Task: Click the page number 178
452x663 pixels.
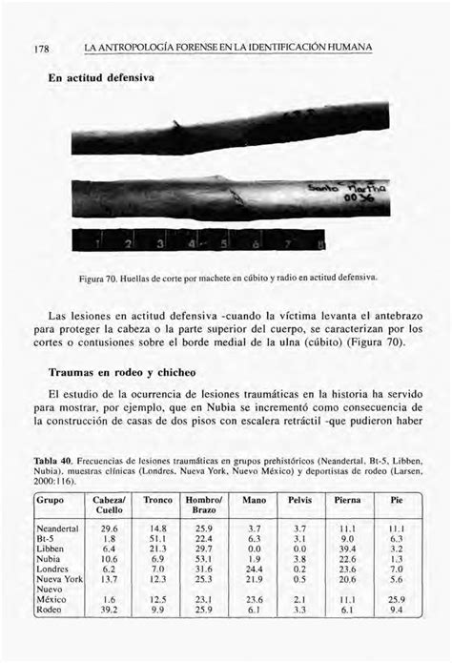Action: pos(44,49)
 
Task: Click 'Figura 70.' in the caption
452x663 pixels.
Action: pos(125,279)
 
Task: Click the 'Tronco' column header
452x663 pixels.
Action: pos(157,499)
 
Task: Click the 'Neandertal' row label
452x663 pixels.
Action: pos(56,528)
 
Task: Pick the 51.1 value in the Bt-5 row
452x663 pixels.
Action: pos(157,539)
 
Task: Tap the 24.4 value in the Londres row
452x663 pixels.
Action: pos(254,569)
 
